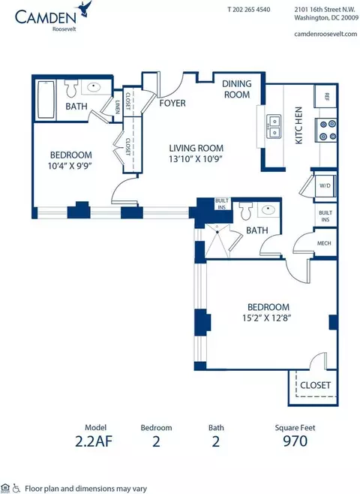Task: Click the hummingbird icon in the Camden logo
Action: pos(85,8)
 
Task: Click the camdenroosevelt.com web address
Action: pos(325,34)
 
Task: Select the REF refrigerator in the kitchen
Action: pos(325,96)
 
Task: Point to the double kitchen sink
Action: pos(274,127)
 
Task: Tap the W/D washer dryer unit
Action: pos(325,186)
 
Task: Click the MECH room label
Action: pos(324,243)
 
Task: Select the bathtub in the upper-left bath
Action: pos(46,100)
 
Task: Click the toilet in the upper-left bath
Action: pos(71,88)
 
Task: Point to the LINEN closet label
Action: pos(118,107)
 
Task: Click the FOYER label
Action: pos(172,103)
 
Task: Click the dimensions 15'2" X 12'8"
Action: pos(266,318)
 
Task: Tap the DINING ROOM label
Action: pos(237,89)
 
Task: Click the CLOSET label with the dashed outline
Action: pos(315,385)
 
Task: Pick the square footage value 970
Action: pos(295,441)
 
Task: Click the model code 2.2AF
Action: pos(94,441)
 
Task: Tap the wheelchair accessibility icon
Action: pos(16,488)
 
